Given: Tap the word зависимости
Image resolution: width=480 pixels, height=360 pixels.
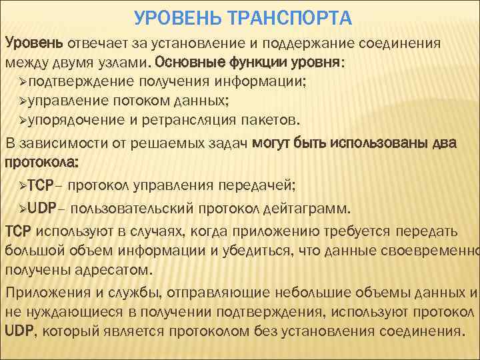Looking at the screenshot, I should coord(55,143).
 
